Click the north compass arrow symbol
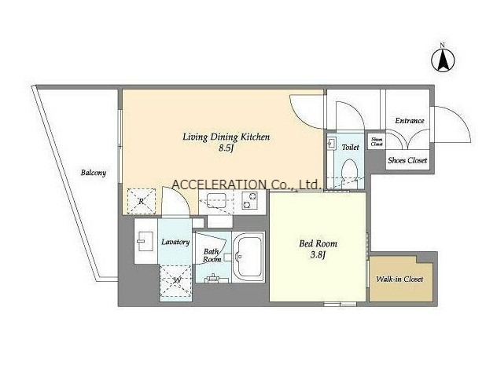coord(443,59)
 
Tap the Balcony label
coord(93,173)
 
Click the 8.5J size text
coord(226,148)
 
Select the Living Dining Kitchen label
coord(226,137)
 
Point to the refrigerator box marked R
coord(142,201)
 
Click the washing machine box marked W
coord(176,279)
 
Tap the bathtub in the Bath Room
coord(248,257)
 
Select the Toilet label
coord(350,147)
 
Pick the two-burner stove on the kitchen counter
coord(250,201)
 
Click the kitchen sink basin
coord(216,199)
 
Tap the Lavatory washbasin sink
coord(145,242)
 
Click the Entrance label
coord(410,121)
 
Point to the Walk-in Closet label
coord(399,279)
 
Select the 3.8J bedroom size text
coord(318,254)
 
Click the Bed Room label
coord(318,243)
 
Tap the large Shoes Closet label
coord(407,160)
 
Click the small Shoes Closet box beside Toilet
coord(377,141)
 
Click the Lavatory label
coord(175,242)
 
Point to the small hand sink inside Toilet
coord(332,144)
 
